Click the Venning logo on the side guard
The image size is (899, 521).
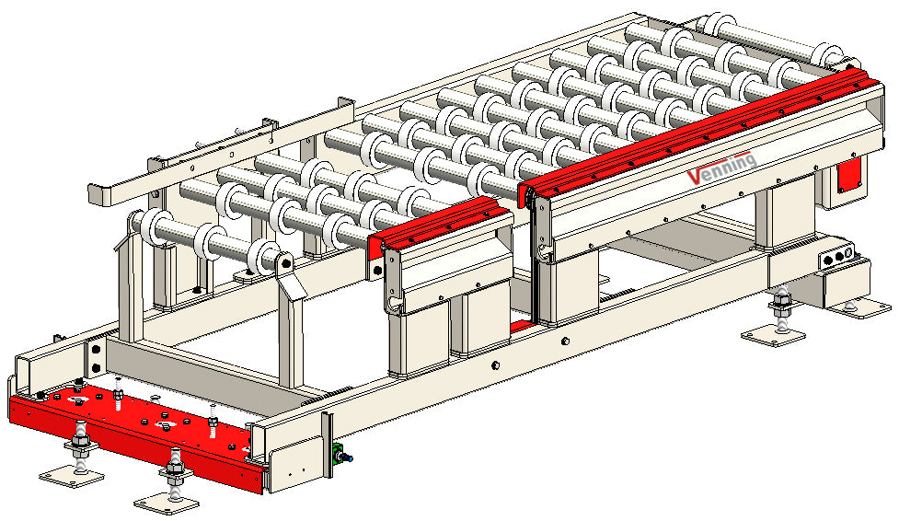coord(723,168)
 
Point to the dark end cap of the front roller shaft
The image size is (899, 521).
coord(285,264)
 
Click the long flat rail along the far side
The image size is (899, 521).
coord(221,152)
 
